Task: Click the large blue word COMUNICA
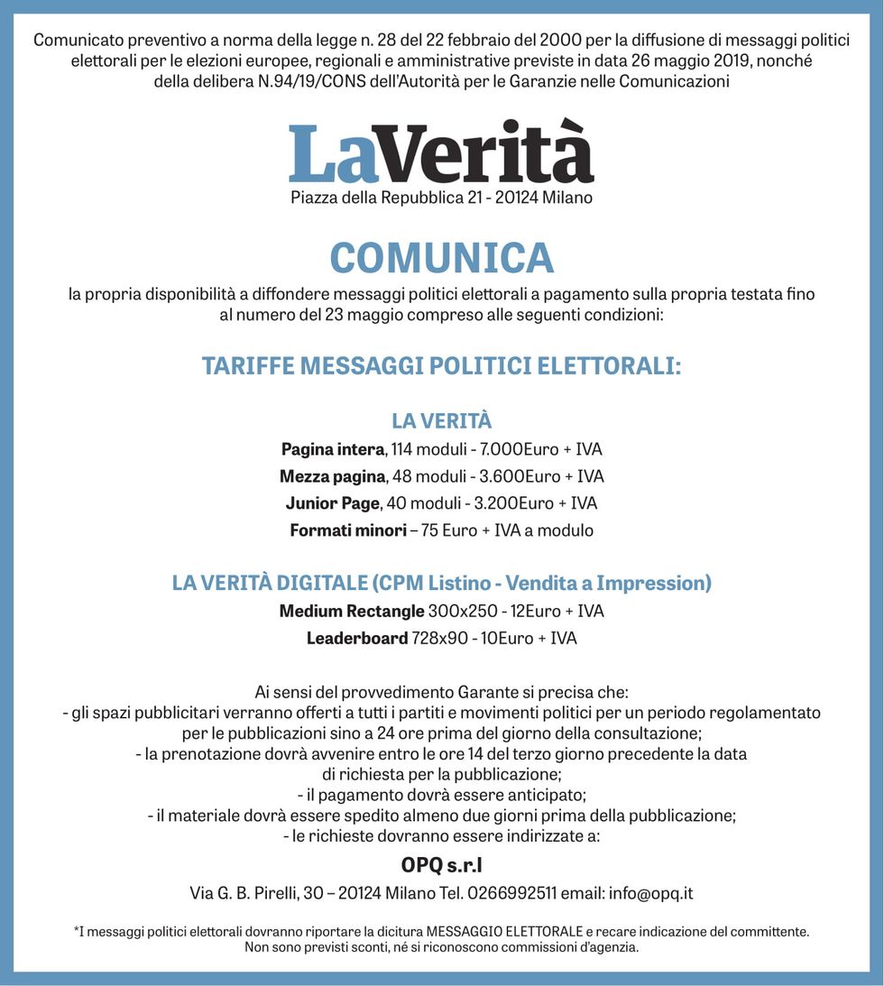coord(441,259)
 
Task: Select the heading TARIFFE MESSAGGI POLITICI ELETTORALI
coord(441,367)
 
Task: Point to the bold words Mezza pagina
coord(332,476)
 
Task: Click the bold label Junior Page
coord(332,503)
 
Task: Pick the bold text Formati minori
coord(348,530)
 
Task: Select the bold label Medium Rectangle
coord(351,612)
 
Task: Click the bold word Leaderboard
coord(357,639)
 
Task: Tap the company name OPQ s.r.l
coord(441,866)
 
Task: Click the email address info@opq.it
coord(650,894)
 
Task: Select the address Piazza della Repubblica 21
coord(385,198)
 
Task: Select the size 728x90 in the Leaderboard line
coord(439,639)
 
